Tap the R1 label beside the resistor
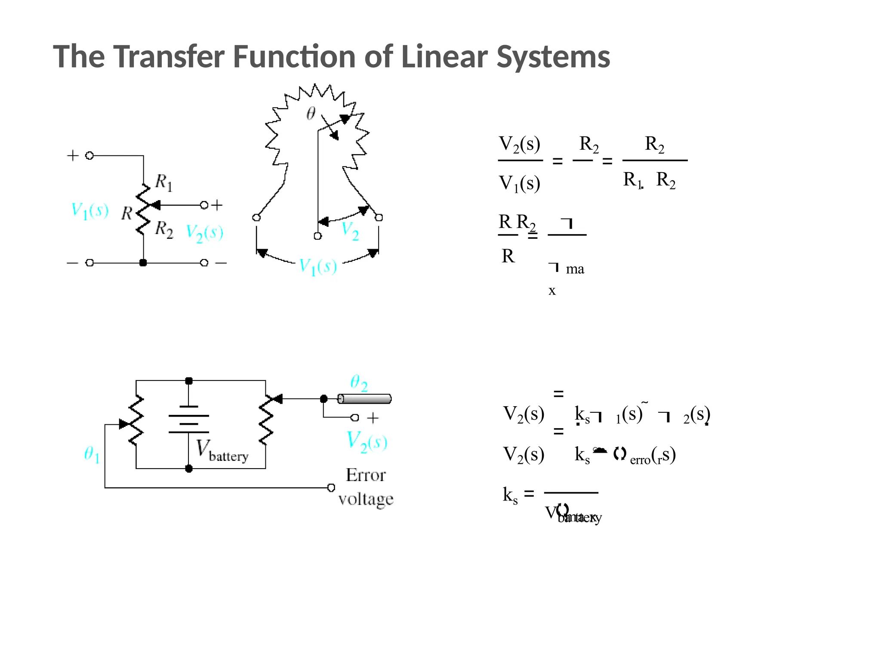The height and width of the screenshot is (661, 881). pos(163,182)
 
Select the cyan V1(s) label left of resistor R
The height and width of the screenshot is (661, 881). pos(89,211)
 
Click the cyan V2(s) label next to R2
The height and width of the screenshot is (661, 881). pos(204,233)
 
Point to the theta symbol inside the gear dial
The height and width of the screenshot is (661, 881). pos(311,113)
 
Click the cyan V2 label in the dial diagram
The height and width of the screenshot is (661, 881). pos(350,231)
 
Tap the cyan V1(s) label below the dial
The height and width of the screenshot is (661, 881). pos(318,267)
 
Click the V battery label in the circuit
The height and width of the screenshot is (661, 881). pos(222,451)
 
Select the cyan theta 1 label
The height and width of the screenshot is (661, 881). pos(92,454)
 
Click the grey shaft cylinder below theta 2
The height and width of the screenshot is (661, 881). pos(364,399)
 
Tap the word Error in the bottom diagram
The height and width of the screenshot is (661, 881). pos(366,475)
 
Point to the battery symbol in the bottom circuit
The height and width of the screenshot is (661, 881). pos(188,419)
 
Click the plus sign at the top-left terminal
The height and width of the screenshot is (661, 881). pos(73,155)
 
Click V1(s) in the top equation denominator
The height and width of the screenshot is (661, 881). pos(519,184)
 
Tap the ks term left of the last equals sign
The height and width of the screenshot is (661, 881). pos(510,495)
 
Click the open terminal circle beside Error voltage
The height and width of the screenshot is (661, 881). pos(331,488)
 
